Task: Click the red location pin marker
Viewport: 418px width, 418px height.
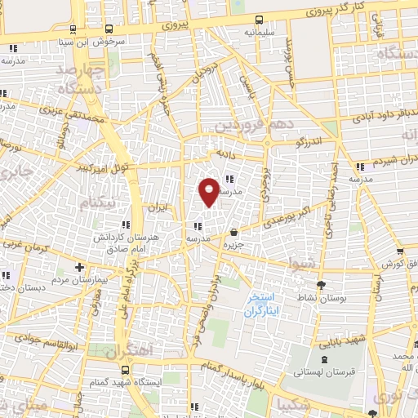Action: [210, 190]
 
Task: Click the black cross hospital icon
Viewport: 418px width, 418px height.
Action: [79, 267]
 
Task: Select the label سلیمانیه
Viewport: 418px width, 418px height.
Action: [259, 33]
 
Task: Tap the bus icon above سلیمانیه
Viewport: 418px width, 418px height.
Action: [259, 20]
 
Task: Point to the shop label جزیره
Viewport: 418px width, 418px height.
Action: [236, 244]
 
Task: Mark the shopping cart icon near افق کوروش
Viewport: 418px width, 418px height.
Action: [400, 252]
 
